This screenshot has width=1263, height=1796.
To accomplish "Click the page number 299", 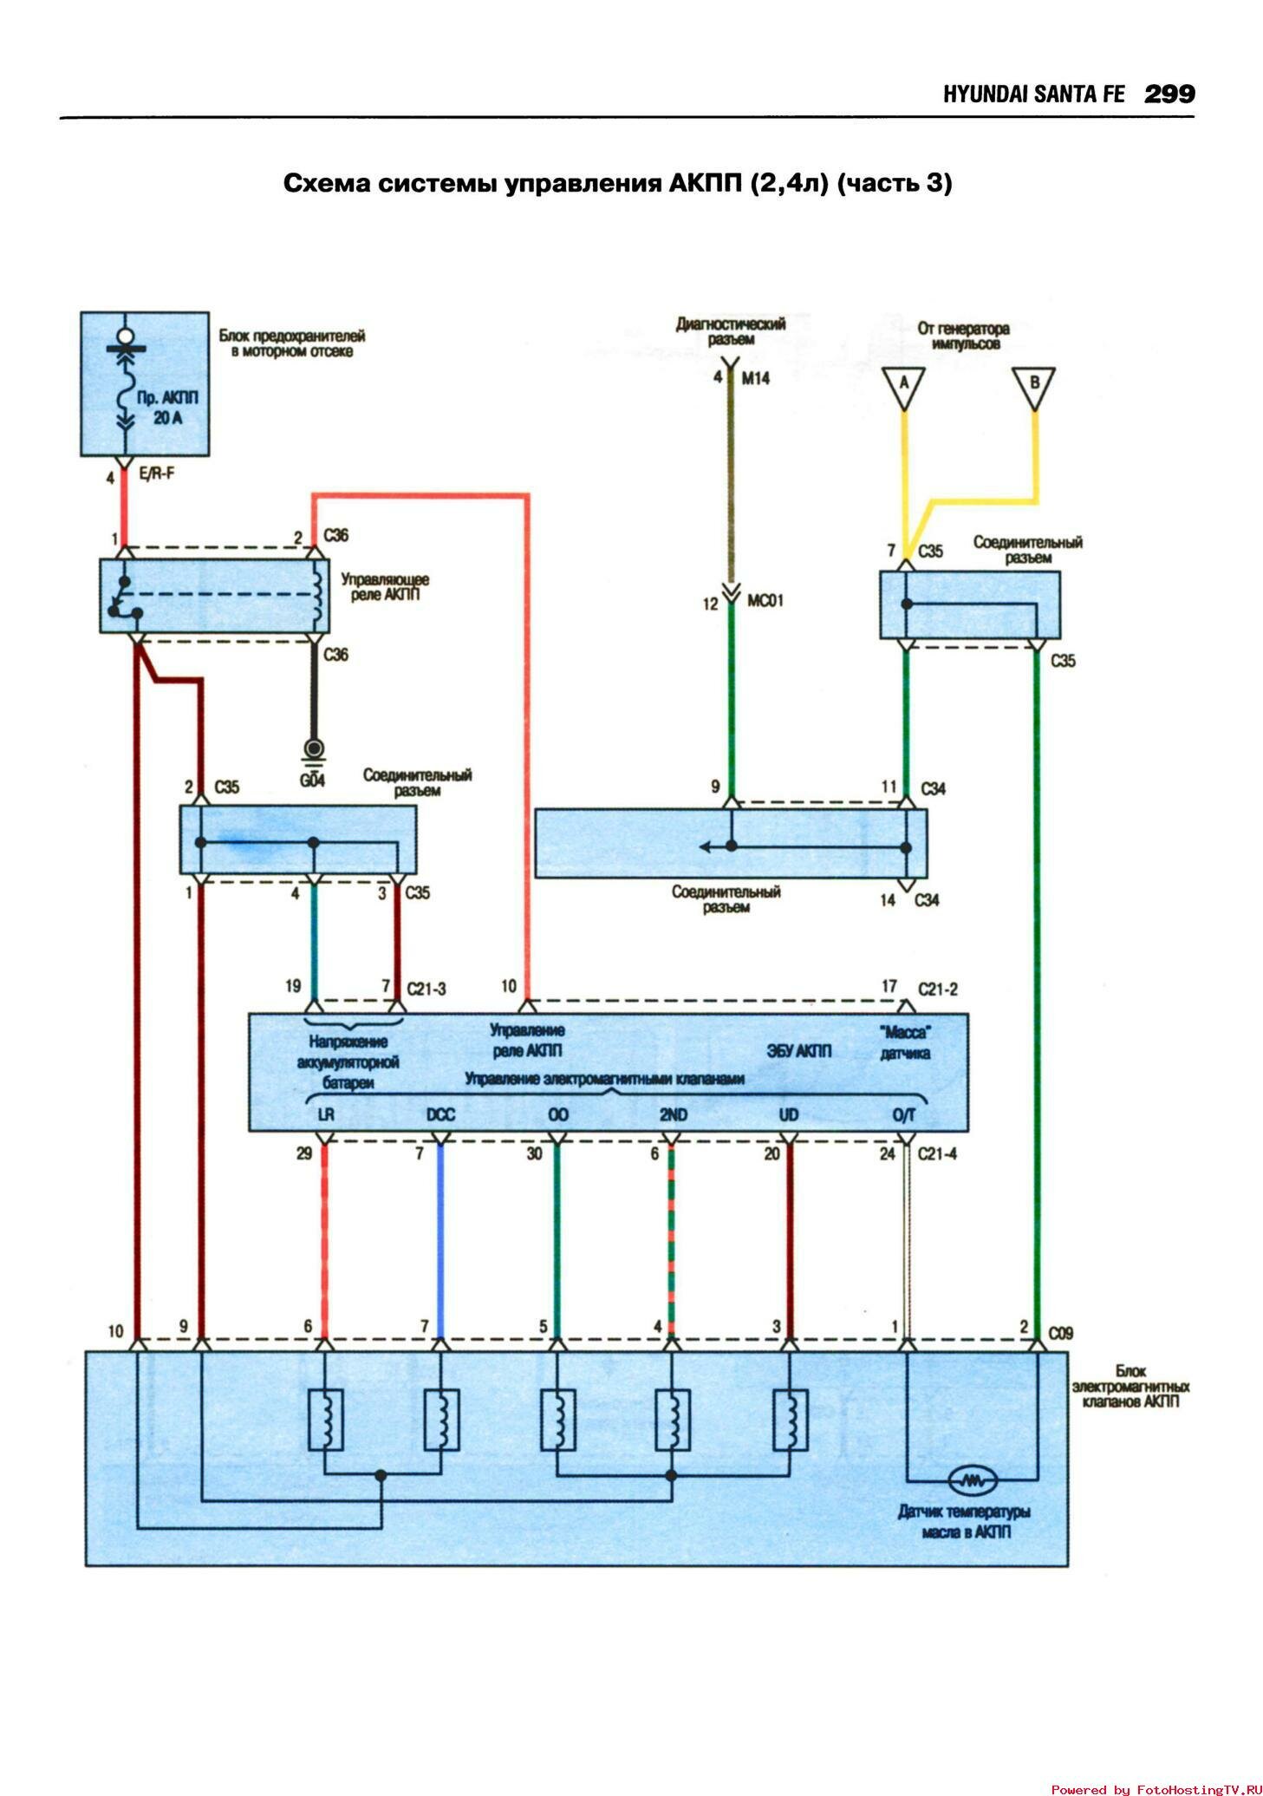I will point(1169,94).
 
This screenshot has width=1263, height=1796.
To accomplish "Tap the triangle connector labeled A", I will point(903,386).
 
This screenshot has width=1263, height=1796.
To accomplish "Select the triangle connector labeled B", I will point(1033,386).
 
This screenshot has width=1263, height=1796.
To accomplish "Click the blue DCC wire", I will point(440,1240).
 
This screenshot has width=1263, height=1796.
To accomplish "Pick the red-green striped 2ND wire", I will point(671,1240).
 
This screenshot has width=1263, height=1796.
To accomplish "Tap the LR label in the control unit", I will point(326,1115).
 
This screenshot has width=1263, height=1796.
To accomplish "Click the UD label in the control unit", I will point(788,1115).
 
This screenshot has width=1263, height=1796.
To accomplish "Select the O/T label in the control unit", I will point(903,1115).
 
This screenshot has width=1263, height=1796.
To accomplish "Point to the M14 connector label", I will point(755,378).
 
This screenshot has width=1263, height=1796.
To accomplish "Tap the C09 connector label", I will point(1060,1333).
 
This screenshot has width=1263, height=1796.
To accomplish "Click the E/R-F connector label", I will point(157,473).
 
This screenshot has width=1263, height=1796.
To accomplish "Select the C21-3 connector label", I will point(426,989).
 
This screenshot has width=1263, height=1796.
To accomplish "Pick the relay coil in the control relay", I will point(318,595).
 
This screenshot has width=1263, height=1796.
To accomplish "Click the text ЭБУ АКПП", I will point(798,1051).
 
